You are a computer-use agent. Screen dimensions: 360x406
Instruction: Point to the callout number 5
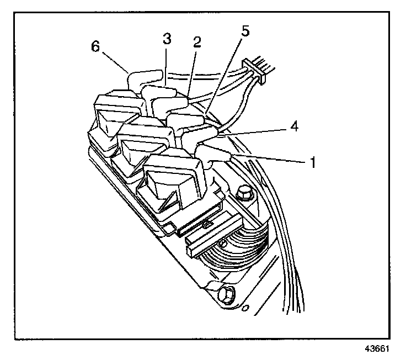(x=244, y=30)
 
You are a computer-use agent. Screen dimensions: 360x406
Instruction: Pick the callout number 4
(x=294, y=126)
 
